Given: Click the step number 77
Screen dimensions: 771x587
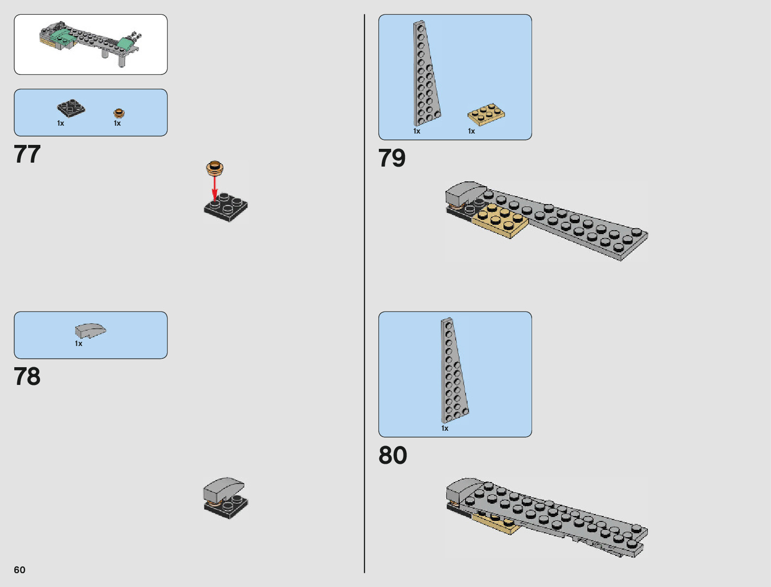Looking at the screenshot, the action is [x=27, y=154].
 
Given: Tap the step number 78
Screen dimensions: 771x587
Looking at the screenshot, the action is [x=27, y=377].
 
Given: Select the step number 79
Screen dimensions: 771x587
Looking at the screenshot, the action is [x=392, y=158].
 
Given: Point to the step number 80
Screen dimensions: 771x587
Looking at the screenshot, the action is [x=393, y=455].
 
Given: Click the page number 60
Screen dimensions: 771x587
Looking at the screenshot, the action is [x=20, y=570].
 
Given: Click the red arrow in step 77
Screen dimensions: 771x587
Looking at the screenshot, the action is [x=215, y=188].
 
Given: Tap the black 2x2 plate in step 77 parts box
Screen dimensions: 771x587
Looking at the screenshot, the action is [x=71, y=108].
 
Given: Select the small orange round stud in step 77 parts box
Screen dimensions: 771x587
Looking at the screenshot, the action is [x=119, y=113].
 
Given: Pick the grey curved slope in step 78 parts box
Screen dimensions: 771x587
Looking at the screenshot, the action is [x=90, y=330].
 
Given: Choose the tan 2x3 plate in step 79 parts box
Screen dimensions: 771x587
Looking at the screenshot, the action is [x=486, y=114].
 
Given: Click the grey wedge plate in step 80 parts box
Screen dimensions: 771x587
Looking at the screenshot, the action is [x=453, y=370].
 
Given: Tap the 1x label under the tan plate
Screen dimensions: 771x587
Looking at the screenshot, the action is [x=471, y=131].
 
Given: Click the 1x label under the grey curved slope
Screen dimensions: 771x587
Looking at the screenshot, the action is [x=79, y=344].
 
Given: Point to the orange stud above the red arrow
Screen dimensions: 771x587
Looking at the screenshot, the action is [x=215, y=168].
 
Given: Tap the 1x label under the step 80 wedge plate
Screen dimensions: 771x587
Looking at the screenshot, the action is [x=445, y=428].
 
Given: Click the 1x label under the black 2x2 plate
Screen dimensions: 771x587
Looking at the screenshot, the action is [x=61, y=123].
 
